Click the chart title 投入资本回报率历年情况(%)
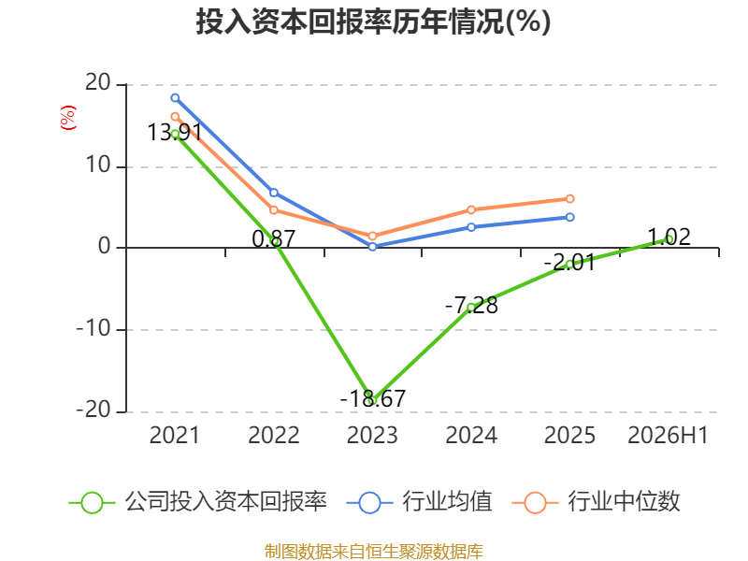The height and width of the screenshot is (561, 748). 373,22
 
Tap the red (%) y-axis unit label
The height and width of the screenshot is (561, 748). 67,118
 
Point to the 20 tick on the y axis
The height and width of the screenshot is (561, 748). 98,83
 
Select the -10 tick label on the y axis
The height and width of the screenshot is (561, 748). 93,329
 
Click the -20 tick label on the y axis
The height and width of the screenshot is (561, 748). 93,410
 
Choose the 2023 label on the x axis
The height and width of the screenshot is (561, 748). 372,435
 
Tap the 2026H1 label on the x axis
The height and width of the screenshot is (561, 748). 668,435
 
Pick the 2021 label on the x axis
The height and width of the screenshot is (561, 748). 175,435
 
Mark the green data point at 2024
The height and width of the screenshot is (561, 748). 471,308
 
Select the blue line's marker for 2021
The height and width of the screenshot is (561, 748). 175,98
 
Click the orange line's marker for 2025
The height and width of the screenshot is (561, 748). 569,198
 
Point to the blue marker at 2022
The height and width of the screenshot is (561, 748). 274,193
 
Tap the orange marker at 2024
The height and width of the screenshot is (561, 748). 471,209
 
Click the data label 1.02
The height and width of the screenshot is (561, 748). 669,237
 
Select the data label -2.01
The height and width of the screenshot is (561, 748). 569,263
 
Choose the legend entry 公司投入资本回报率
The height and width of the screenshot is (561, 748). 198,502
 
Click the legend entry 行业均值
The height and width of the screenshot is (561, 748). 419,502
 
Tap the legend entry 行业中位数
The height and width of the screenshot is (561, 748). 596,502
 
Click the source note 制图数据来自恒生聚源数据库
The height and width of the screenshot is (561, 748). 374,552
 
